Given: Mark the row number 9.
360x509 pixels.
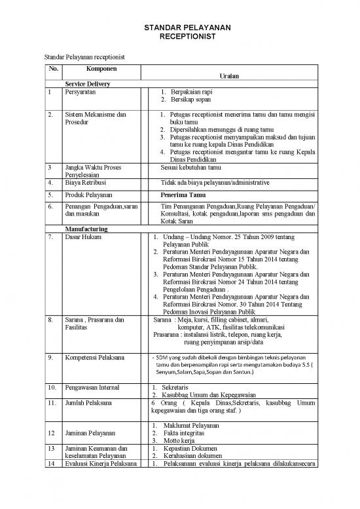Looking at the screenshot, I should [x=50, y=358].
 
